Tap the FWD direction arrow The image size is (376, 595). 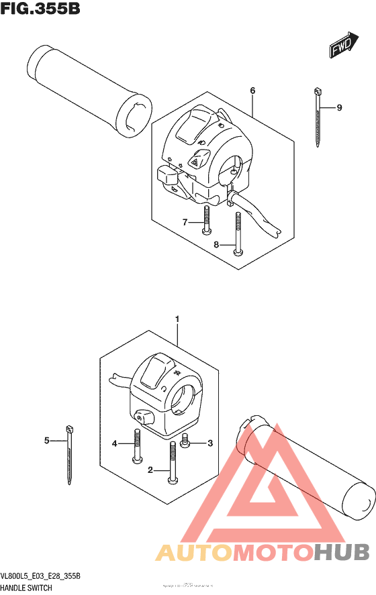[342, 47]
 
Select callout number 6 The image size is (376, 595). [252, 91]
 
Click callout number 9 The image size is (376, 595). [340, 107]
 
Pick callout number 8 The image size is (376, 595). [217, 245]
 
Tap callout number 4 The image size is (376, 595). [115, 443]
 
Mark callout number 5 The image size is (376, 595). [47, 441]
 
